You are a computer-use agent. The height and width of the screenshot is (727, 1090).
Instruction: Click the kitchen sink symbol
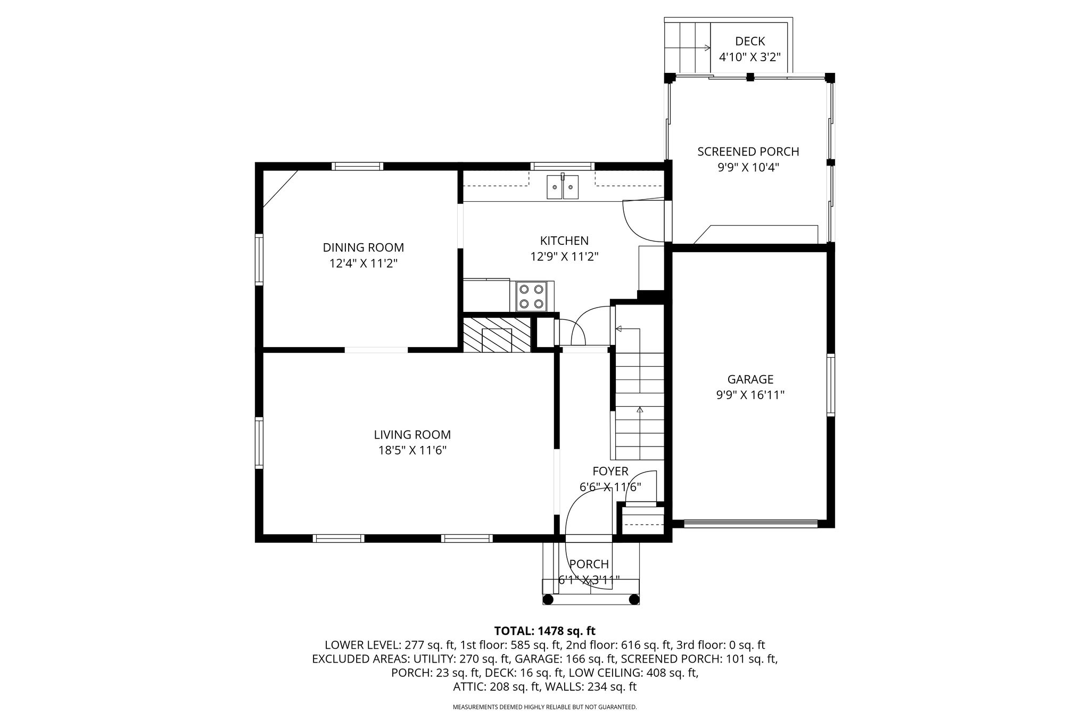click(563, 186)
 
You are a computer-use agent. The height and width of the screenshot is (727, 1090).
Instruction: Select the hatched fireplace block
click(497, 335)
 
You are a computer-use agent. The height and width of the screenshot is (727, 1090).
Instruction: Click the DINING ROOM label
click(364, 247)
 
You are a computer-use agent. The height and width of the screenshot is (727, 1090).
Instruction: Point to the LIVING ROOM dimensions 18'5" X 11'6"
click(412, 450)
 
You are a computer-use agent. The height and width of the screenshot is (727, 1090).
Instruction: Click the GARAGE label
click(750, 379)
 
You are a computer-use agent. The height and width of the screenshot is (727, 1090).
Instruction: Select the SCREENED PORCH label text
click(748, 152)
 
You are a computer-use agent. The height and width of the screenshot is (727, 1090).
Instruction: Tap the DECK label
click(750, 41)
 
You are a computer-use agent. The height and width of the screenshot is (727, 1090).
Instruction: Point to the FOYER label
click(610, 472)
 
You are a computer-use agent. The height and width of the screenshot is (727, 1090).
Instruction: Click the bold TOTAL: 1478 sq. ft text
click(545, 631)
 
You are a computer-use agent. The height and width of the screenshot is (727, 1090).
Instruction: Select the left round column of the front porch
click(548, 600)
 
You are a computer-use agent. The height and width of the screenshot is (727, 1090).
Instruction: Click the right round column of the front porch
click(634, 600)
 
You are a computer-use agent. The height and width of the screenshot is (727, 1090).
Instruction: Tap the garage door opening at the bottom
click(750, 524)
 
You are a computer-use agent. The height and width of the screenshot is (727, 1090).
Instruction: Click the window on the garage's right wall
click(830, 384)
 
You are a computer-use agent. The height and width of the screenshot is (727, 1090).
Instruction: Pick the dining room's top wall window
click(357, 166)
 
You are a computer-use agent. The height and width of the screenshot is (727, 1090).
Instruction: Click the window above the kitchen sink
click(563, 166)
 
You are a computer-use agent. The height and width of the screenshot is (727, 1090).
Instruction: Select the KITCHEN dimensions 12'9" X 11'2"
click(564, 257)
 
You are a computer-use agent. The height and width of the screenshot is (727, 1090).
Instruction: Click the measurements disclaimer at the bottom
click(544, 707)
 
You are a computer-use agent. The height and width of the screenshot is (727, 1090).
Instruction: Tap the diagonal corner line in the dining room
click(280, 188)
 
